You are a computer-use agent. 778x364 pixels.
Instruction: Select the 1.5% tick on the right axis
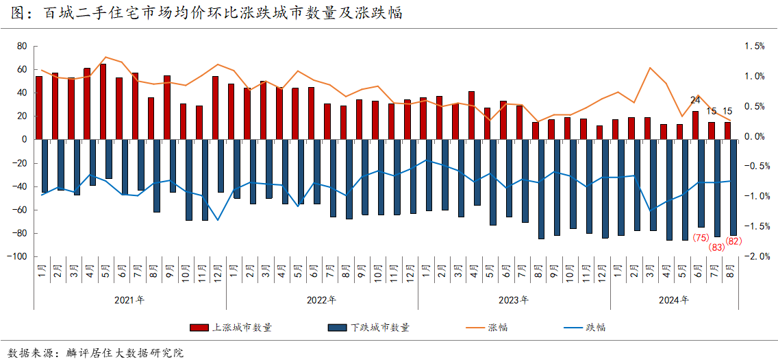(755, 47)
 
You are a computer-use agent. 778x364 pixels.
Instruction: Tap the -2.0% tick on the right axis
(753, 256)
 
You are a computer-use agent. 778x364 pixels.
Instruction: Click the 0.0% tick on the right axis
(755, 136)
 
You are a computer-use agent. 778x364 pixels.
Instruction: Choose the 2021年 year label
(129, 300)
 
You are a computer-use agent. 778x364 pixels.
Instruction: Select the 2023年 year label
(513, 300)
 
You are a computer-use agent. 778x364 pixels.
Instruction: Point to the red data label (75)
(701, 238)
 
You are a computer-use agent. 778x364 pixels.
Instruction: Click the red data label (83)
(717, 247)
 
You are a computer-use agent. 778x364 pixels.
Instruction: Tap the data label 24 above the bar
(695, 100)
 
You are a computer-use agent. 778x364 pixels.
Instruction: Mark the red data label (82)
(733, 241)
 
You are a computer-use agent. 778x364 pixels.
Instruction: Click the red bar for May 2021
(103, 101)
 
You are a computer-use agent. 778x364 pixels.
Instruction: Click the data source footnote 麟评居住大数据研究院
(125, 353)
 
